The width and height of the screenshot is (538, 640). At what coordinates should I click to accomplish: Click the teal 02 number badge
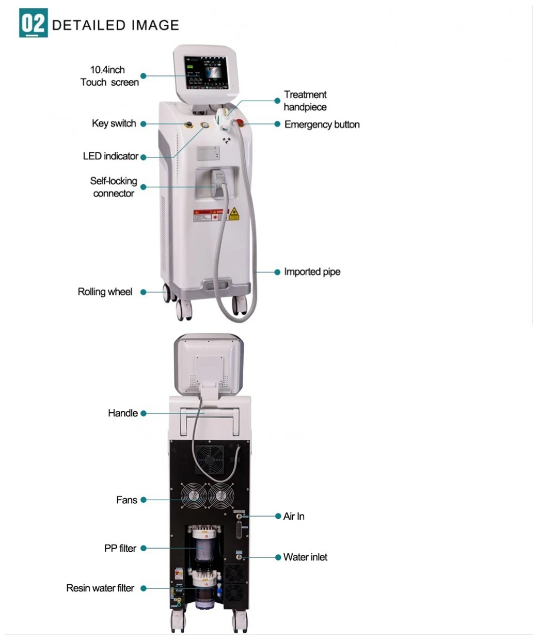33,23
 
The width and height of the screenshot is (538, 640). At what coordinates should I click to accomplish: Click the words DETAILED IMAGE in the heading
116,25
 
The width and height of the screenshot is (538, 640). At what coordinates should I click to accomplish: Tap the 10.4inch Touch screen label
109,76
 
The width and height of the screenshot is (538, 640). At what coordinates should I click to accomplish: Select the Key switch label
114,123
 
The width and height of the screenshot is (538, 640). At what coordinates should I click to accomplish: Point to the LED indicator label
110,156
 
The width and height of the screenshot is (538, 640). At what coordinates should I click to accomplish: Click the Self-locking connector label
114,187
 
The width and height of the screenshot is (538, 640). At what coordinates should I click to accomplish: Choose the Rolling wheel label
105,292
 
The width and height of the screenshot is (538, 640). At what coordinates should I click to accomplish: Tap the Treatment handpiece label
305,101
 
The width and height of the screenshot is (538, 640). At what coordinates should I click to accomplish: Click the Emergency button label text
322,124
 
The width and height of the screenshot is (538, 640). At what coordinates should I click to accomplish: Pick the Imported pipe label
312,271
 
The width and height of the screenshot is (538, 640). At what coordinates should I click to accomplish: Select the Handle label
122,413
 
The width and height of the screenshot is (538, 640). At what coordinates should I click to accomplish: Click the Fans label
126,500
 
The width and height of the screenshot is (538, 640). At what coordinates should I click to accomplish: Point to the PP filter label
120,548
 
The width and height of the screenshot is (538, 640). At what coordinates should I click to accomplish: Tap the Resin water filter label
100,588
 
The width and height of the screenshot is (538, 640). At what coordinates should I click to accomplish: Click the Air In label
294,516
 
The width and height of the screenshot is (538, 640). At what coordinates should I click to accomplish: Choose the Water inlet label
305,557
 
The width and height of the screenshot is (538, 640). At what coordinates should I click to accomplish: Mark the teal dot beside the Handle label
144,413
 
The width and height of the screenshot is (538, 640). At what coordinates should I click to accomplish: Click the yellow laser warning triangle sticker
234,214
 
